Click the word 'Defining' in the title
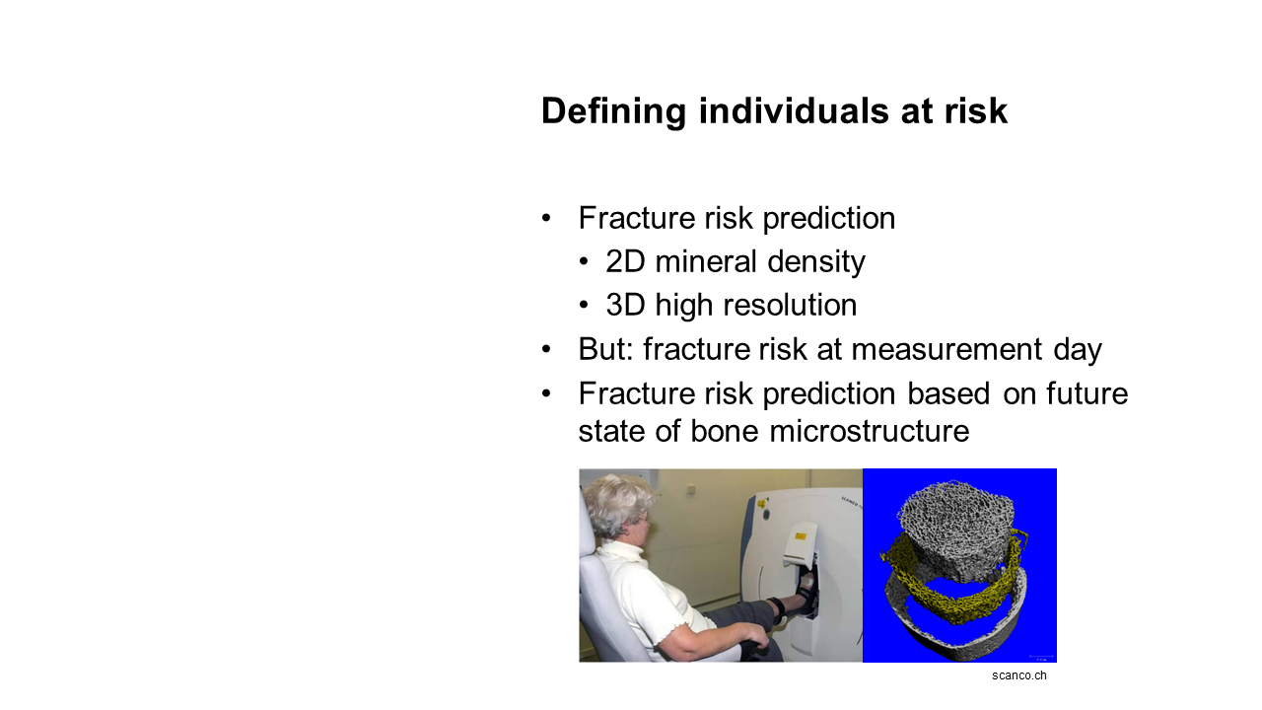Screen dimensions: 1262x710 pos(613,111)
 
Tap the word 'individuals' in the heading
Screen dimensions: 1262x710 pos(795,110)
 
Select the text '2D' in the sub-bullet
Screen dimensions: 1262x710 pos(625,262)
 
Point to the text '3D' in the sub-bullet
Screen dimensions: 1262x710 pos(625,306)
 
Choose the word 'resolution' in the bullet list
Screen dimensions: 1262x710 pos(790,306)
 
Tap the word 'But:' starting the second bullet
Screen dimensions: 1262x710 pos(606,349)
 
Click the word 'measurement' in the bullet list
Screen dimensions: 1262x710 pos(946,350)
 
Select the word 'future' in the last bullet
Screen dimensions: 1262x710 pos(1087,393)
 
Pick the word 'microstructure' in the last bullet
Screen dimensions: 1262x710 pos(870,432)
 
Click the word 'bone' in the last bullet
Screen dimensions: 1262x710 pos(725,432)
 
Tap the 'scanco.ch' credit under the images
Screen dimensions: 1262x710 pos(1019,675)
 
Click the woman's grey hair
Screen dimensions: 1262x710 pos(616,504)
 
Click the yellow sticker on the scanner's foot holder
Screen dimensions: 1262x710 pos(801,536)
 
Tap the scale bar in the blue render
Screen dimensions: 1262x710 pos(1041,657)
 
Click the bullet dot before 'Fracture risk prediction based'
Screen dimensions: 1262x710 pos(546,393)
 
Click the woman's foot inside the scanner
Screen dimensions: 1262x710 pos(805,586)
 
